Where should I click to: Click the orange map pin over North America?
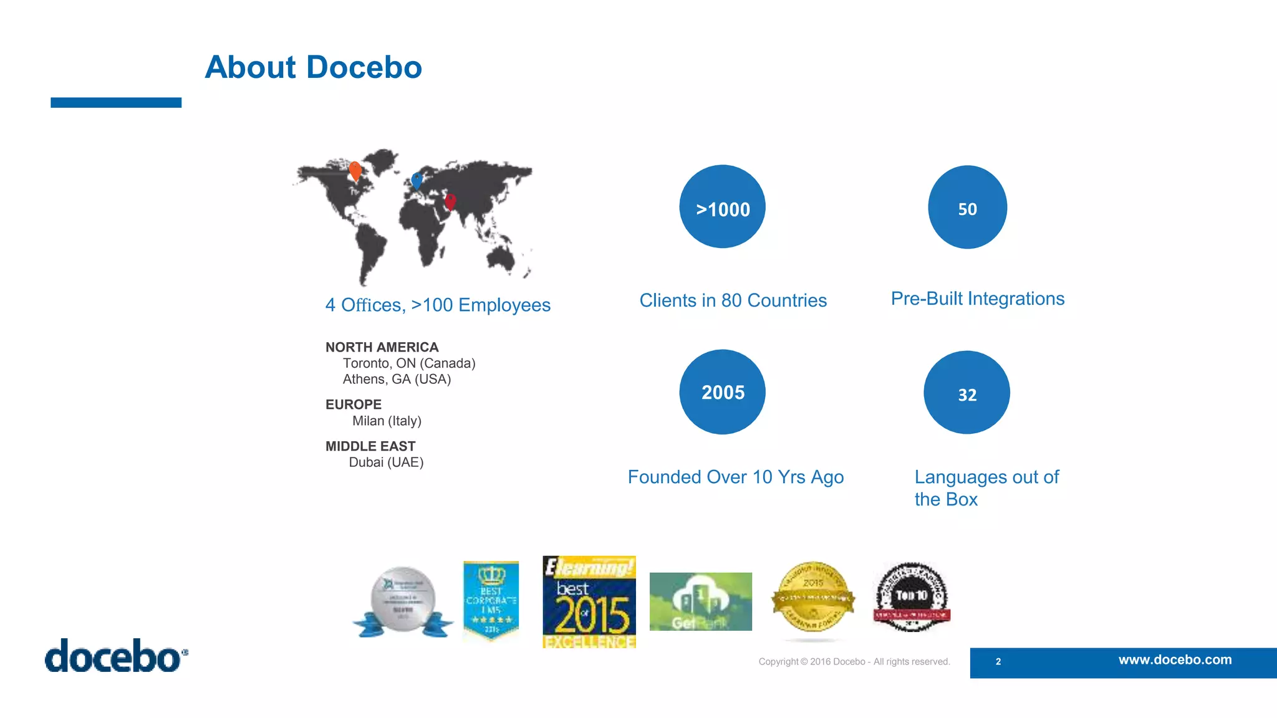pyautogui.click(x=355, y=170)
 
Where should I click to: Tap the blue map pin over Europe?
pyautogui.click(x=417, y=181)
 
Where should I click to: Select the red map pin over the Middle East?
pyautogui.click(x=450, y=201)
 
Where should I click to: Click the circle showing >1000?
pyautogui.click(x=722, y=207)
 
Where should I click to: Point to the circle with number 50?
pyautogui.click(x=967, y=207)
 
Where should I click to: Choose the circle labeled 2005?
pyautogui.click(x=722, y=392)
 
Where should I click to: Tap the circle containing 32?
pyautogui.click(x=966, y=393)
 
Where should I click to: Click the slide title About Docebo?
pyautogui.click(x=313, y=67)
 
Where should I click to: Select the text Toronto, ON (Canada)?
pyautogui.click(x=409, y=363)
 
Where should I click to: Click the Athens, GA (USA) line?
pyautogui.click(x=397, y=380)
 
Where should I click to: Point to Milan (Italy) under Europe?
pyautogui.click(x=387, y=421)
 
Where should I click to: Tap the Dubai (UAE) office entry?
pyautogui.click(x=386, y=462)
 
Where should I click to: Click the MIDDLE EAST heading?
pyautogui.click(x=370, y=446)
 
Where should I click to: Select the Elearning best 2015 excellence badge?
pyautogui.click(x=589, y=602)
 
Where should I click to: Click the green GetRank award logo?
pyautogui.click(x=700, y=601)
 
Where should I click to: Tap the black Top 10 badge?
pyautogui.click(x=912, y=597)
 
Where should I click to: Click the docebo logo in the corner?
pyautogui.click(x=116, y=656)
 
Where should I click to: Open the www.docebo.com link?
pyautogui.click(x=1175, y=660)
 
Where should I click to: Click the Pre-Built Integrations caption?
pyautogui.click(x=977, y=299)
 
